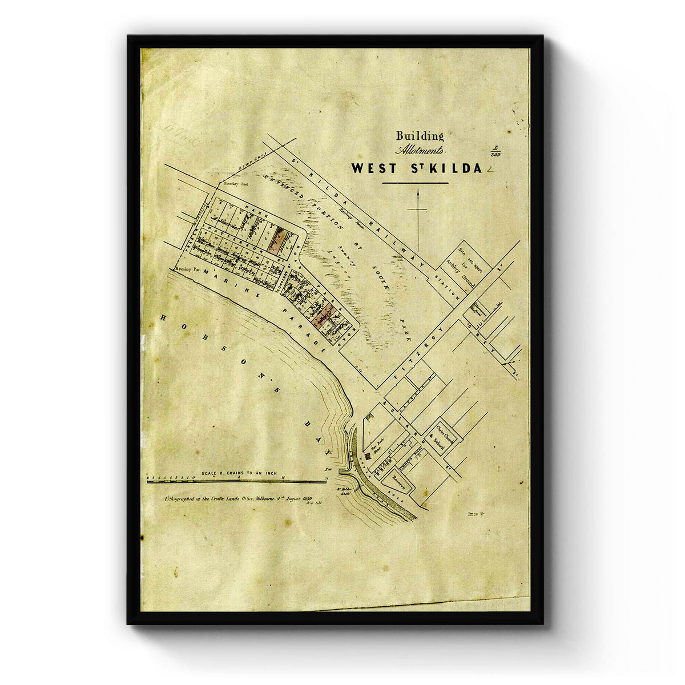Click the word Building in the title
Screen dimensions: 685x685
coord(420,136)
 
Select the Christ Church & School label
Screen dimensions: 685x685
coord(445,436)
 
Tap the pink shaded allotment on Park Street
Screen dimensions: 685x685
coord(277,240)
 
